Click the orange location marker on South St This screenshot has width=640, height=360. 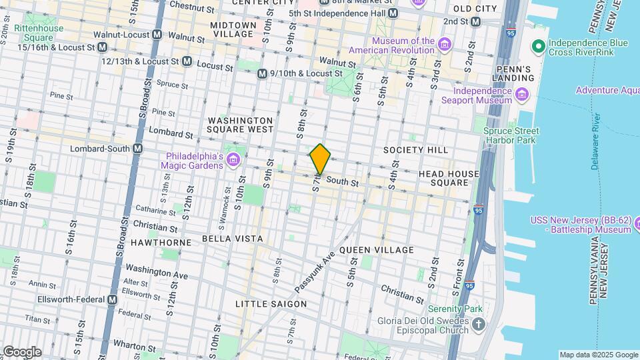click(320, 159)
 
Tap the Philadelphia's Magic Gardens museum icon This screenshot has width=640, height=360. click(233, 160)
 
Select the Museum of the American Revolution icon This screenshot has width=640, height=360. click(445, 45)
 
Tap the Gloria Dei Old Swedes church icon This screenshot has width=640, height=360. click(478, 325)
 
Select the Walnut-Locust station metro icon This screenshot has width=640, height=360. click(158, 34)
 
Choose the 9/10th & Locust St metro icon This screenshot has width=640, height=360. click(263, 73)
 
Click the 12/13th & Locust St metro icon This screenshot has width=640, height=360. click(187, 61)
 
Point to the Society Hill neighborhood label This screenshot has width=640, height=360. click(415, 150)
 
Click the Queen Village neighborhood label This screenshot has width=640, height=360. click(376, 250)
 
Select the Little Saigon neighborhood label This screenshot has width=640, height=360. click(271, 304)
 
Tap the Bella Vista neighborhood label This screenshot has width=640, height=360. click(232, 239)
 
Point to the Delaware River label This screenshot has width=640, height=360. click(596, 141)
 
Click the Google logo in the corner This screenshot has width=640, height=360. click(22, 351)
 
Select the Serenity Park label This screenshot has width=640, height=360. click(455, 309)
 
